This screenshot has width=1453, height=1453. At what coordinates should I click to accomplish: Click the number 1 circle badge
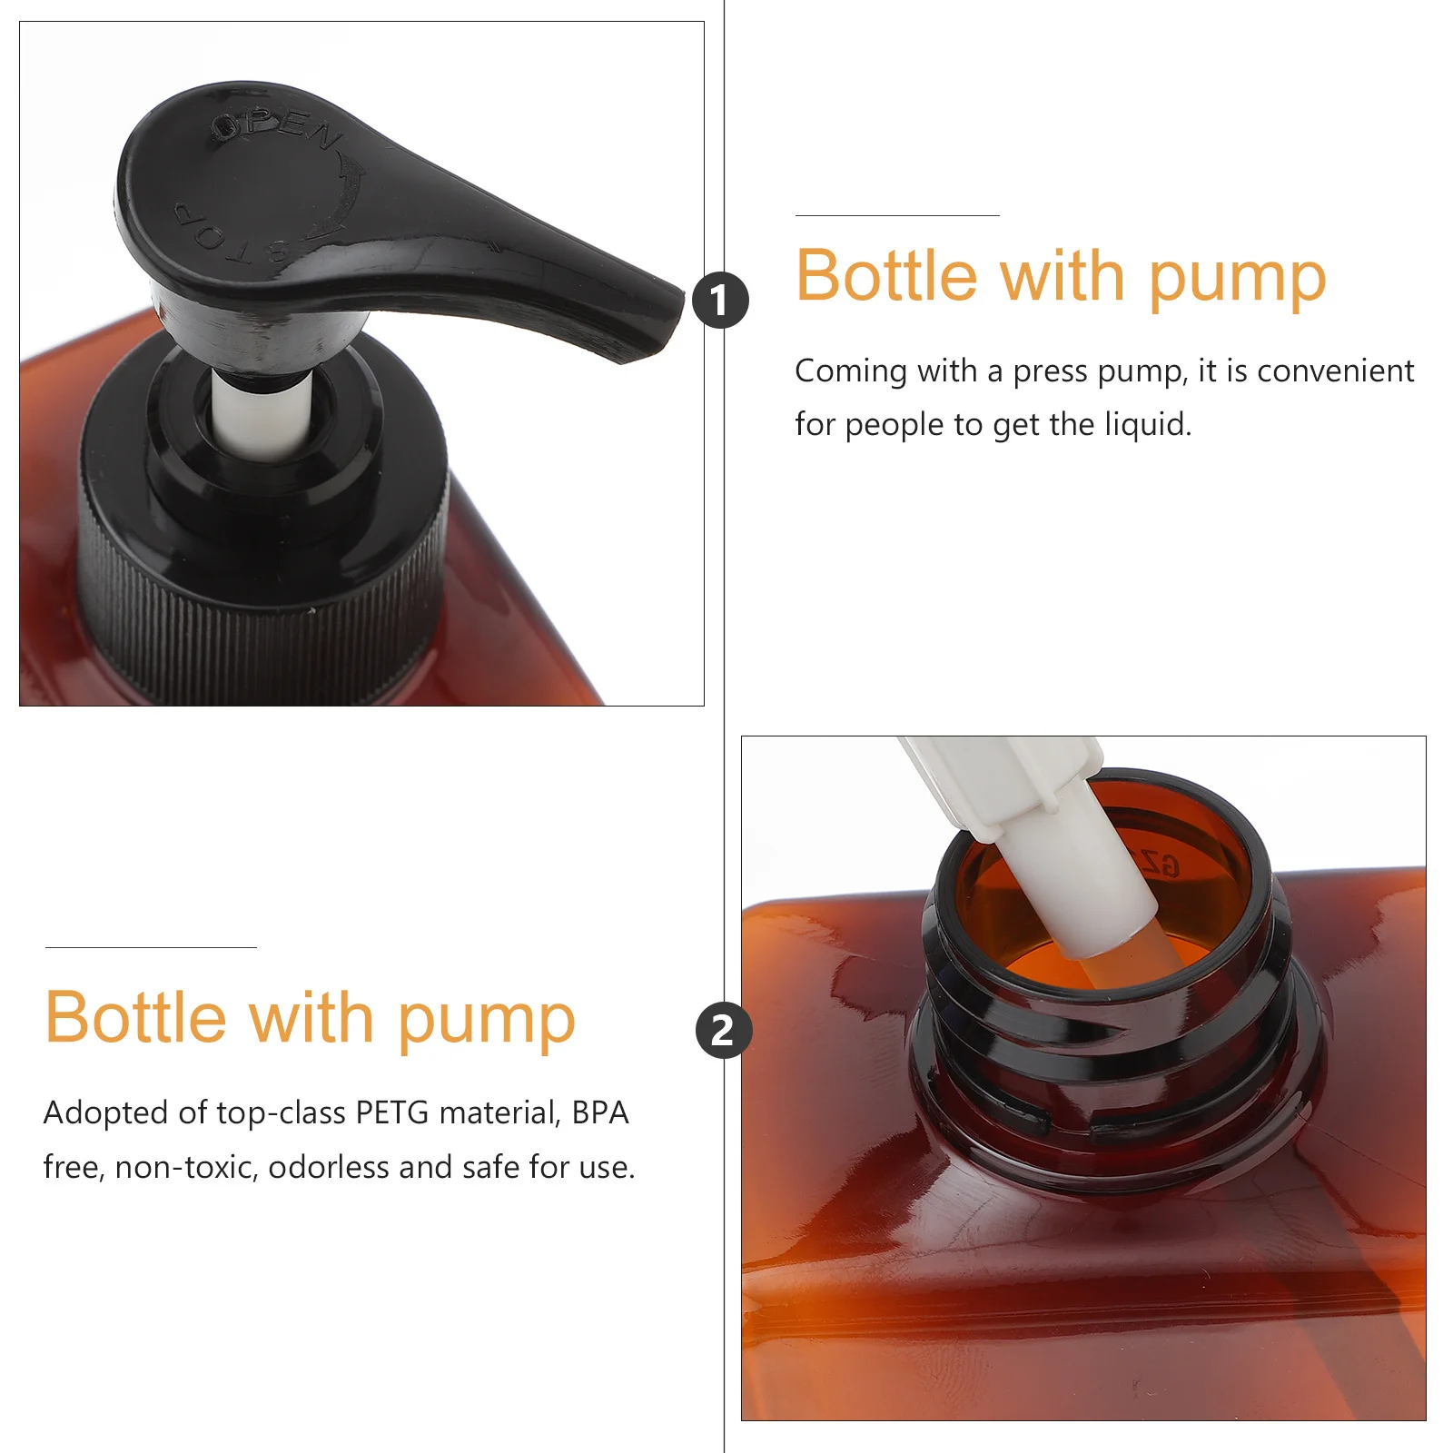(x=720, y=301)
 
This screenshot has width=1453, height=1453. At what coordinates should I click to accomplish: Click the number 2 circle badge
(x=723, y=1031)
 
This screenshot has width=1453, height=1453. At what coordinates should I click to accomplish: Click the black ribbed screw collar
(x=263, y=581)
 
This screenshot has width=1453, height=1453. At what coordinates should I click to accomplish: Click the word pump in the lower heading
(x=487, y=1018)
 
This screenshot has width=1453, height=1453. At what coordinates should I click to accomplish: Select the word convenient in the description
(x=1335, y=371)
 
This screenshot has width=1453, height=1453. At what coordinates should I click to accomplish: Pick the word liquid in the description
(x=1147, y=424)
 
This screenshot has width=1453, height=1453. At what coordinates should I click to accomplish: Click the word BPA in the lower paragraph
(x=600, y=1112)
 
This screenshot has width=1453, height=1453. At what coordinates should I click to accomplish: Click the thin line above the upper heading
(x=897, y=215)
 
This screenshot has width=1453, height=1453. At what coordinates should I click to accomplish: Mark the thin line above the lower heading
(x=151, y=947)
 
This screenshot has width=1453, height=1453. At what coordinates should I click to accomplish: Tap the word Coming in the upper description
(x=851, y=371)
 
